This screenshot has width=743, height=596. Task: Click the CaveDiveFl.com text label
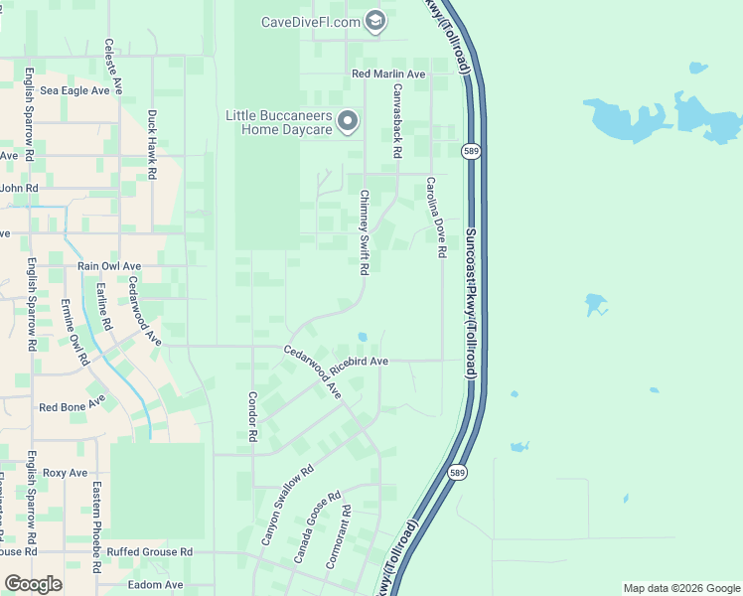tap(310, 22)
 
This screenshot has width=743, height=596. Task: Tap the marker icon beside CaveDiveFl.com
tap(375, 21)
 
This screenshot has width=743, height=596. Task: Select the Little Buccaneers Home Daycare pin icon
tap(348, 122)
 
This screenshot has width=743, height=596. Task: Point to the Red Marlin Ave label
tap(388, 74)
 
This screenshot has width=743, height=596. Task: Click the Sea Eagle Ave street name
tap(74, 90)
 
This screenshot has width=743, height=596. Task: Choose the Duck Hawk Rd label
tap(152, 144)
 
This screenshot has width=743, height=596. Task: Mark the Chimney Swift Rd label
tap(365, 232)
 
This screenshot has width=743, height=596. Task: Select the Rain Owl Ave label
tap(109, 266)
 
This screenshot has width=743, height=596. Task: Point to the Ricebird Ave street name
tap(359, 363)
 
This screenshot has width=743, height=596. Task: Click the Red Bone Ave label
tap(72, 405)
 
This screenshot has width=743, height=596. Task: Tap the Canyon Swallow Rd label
tap(287, 505)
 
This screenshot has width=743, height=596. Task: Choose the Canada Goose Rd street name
tap(317, 526)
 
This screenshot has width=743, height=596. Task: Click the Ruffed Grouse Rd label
tap(150, 552)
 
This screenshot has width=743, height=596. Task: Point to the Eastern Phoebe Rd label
tap(97, 527)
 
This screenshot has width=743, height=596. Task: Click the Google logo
tap(33, 585)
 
